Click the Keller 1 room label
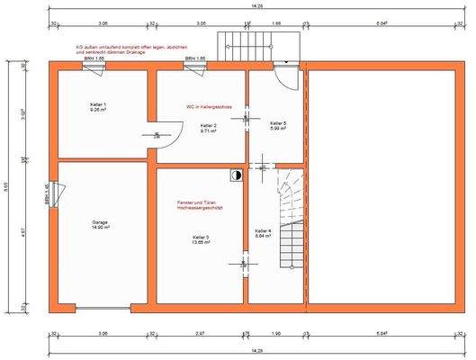click(x=99, y=107)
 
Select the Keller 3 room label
click(x=200, y=239)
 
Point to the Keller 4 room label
click(x=263, y=232)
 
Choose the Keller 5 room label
click(x=278, y=125)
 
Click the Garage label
click(x=100, y=224)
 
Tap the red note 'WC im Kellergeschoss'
click(x=209, y=106)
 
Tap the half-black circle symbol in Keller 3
click(x=236, y=176)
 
